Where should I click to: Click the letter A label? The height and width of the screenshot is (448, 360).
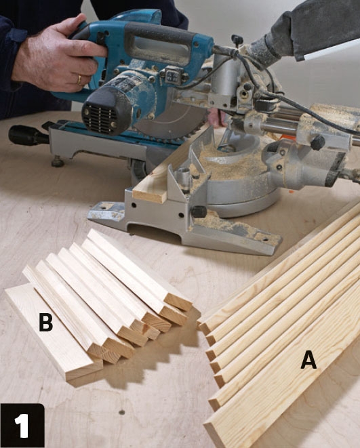point(308,360)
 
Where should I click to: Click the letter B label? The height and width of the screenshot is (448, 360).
point(45,322)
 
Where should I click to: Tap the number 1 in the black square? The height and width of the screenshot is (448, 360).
point(22,426)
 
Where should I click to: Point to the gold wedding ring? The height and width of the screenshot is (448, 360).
point(79,80)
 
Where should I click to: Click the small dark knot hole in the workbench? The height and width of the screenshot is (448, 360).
point(122,412)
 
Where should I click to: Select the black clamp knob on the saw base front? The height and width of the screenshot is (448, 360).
point(199,211)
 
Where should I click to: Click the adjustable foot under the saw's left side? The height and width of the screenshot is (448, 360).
point(58,161)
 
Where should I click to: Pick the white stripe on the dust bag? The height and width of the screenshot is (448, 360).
point(332,49)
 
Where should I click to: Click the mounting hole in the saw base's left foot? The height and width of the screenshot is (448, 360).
point(106,206)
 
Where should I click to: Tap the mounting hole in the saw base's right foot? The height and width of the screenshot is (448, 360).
point(266,239)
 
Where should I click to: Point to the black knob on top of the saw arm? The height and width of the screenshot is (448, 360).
point(237,40)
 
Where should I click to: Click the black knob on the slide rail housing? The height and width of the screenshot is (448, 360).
point(318,142)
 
